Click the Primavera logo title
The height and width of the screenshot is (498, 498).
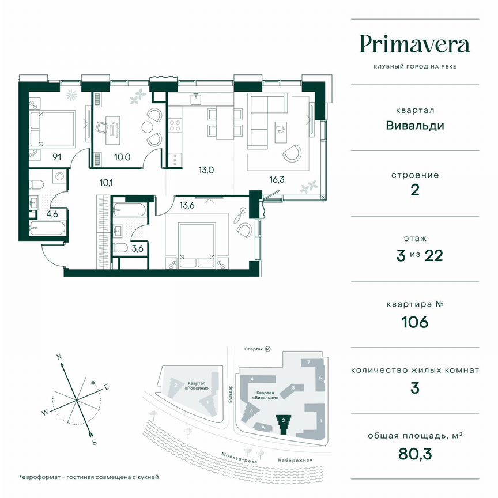point(414,44)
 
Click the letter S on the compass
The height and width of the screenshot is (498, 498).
point(94,442)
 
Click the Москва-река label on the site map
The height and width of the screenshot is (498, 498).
point(236,456)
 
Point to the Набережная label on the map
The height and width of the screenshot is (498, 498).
point(297,459)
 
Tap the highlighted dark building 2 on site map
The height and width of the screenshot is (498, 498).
point(282,423)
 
